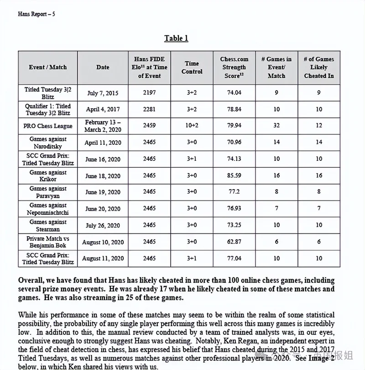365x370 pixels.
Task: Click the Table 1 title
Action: pyautogui.click(x=176, y=38)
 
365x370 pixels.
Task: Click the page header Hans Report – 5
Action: pyautogui.click(x=36, y=14)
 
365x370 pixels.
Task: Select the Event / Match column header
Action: pyautogui.click(x=47, y=67)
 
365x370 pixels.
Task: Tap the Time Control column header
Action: pyautogui.click(x=192, y=67)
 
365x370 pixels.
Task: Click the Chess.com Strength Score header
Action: pyautogui.click(x=234, y=67)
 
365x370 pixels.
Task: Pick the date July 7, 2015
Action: pyautogui.click(x=103, y=93)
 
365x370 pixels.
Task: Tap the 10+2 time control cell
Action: pyautogui.click(x=192, y=126)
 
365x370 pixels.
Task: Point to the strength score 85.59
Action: pyautogui.click(x=234, y=175)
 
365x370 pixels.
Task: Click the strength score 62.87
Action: pyautogui.click(x=234, y=242)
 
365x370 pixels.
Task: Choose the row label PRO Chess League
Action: pyautogui.click(x=48, y=126)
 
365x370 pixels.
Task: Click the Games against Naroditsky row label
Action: pyautogui.click(x=48, y=142)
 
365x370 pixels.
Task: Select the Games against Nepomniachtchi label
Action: pyautogui.click(x=48, y=209)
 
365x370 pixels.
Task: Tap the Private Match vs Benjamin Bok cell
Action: pyautogui.click(x=48, y=242)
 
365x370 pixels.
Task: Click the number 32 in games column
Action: pyautogui.click(x=276, y=126)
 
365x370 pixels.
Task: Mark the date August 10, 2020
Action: pyautogui.click(x=103, y=242)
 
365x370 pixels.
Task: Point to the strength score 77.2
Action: pyautogui.click(x=234, y=192)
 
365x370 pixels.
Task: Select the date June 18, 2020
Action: pyautogui.click(x=103, y=175)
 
